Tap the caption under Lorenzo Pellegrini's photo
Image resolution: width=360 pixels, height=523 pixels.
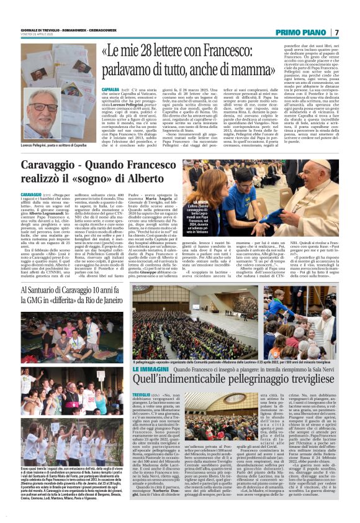(52, 144)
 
